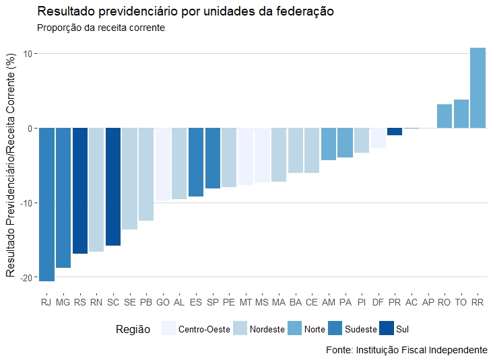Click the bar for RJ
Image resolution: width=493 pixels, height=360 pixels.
[46, 205]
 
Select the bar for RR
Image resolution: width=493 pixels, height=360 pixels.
[478, 87]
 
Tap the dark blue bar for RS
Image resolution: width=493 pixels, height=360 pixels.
[80, 190]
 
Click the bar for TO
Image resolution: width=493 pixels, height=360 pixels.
[461, 114]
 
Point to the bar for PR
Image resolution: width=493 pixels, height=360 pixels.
[395, 131]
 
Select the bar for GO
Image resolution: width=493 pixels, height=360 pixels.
[163, 164]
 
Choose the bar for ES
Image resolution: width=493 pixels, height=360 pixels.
[196, 162]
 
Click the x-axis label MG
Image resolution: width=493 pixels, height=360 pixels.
[63, 303]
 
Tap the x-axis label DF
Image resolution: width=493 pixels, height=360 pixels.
[378, 303]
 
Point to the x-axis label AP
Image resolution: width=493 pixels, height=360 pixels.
[428, 303]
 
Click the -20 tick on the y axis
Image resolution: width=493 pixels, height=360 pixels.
[26, 277]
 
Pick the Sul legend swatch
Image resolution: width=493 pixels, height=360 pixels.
[386, 329]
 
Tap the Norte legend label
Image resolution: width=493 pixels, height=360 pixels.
[315, 330]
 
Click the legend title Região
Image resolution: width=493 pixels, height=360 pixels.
[133, 329]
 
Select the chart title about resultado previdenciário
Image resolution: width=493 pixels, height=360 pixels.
[186, 12]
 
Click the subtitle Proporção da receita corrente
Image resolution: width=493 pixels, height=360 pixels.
[101, 28]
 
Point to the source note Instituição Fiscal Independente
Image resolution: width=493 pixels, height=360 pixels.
[406, 351]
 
